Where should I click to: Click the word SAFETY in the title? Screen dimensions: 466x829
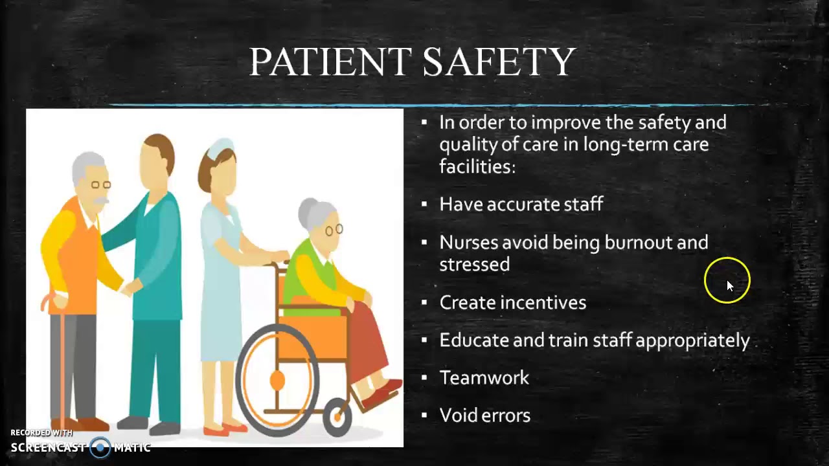499,62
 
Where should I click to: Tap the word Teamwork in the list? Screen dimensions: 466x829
484,378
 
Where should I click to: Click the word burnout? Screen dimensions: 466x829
639,243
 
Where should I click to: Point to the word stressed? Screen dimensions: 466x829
474,265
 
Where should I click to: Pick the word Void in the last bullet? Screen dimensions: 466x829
455,416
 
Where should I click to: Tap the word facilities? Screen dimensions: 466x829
477,166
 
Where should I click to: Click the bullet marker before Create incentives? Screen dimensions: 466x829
424,302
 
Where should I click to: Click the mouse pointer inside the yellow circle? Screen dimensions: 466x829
729,285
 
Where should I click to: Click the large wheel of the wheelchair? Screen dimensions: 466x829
278,382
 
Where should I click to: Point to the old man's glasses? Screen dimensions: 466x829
100,185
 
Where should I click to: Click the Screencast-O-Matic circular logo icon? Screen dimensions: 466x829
100,447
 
